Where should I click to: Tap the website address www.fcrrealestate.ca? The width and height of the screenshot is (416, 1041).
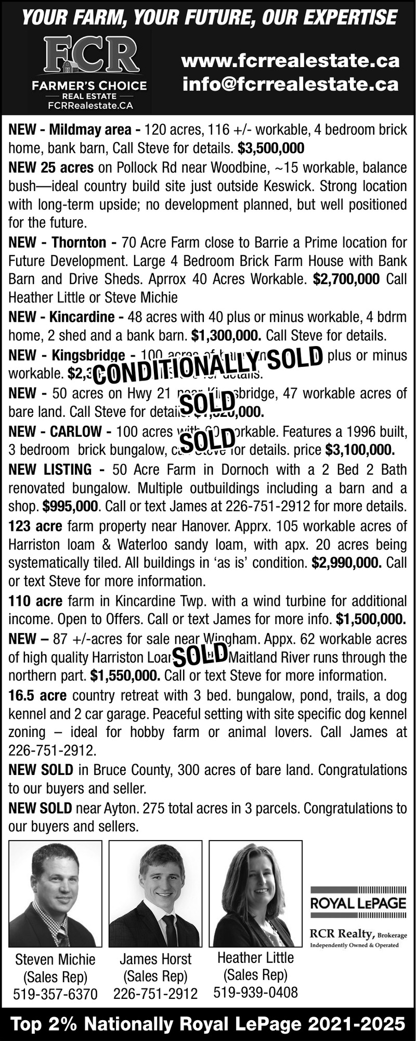(x=291, y=61)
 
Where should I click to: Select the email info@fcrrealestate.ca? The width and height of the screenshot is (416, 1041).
(x=291, y=83)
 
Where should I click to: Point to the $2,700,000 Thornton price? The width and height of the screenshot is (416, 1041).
(x=346, y=279)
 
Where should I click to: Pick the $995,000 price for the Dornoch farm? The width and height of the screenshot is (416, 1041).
(x=70, y=506)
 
